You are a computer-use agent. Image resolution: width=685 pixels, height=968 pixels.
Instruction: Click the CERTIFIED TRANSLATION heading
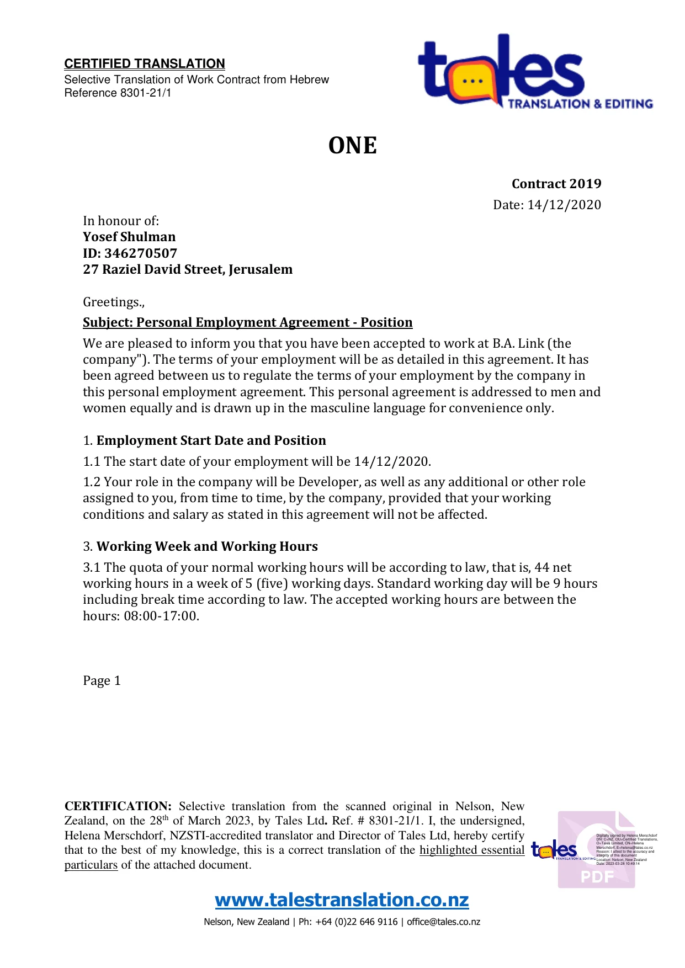(x=145, y=63)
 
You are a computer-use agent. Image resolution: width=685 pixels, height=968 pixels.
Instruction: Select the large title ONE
(x=352, y=146)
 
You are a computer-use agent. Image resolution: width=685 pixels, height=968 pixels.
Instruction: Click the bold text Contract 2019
(x=556, y=184)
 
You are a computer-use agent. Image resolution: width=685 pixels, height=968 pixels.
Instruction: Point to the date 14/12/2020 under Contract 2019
(x=564, y=205)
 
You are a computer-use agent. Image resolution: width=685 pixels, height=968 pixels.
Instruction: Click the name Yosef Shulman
(x=129, y=237)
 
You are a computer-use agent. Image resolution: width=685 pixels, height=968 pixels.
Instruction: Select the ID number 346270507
(x=141, y=253)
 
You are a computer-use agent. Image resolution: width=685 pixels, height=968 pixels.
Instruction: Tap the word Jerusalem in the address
(x=261, y=269)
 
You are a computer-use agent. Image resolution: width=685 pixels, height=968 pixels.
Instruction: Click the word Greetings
(x=112, y=302)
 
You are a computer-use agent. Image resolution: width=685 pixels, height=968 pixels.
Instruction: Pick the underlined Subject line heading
(x=247, y=322)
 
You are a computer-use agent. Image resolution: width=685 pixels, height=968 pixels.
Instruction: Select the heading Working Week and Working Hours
(x=207, y=546)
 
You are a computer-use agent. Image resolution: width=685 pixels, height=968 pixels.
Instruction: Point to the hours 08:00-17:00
(x=161, y=616)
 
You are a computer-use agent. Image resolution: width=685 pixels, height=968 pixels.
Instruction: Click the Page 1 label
(x=102, y=680)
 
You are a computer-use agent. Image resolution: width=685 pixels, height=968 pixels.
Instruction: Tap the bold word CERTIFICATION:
(x=118, y=806)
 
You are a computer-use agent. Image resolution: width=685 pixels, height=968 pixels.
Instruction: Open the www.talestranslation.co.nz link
(x=342, y=900)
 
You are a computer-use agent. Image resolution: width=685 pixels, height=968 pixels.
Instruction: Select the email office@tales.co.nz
(x=443, y=922)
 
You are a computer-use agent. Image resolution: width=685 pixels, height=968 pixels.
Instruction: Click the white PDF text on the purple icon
(x=597, y=876)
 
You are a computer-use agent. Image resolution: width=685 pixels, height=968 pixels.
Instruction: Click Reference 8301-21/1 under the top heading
(x=118, y=93)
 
